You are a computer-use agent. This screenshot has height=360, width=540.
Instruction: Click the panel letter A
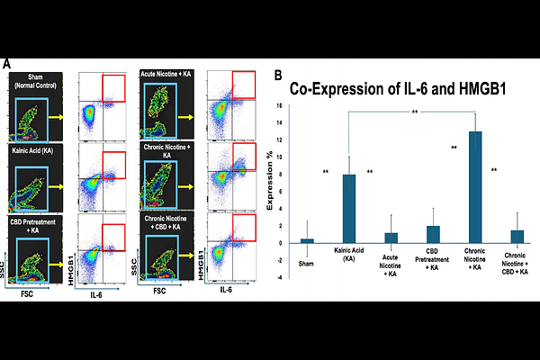coord(7,65)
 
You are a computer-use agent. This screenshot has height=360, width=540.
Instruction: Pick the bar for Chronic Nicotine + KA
coord(475,187)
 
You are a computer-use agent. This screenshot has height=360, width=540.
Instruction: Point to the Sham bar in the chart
coord(307,240)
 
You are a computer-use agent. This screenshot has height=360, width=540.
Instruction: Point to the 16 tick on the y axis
coord(289,105)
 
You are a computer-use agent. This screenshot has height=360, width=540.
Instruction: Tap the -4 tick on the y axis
coord(289,277)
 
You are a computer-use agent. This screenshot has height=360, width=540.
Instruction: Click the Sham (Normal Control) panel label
coord(36,82)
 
